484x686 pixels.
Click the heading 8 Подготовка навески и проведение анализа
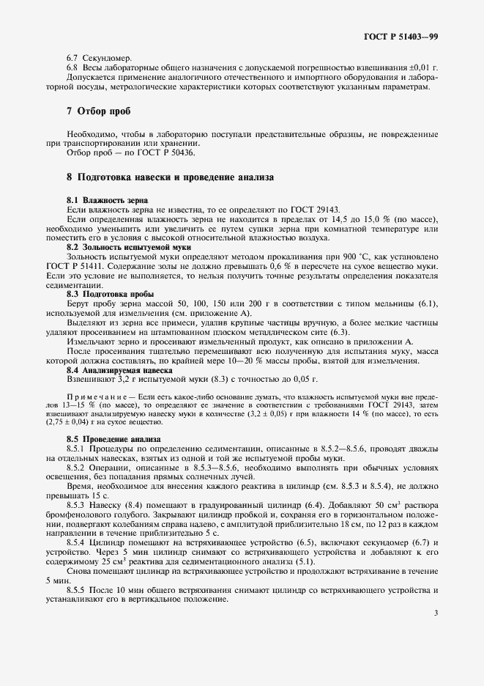pos(170,177)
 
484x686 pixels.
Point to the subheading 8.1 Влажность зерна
pos(107,200)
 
